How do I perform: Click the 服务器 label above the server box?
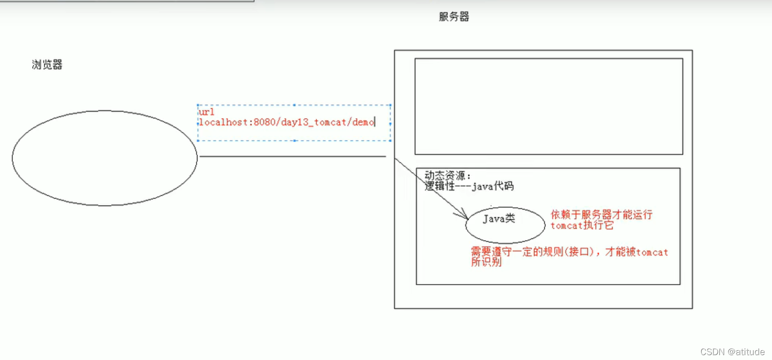click(454, 17)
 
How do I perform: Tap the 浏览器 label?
click(47, 65)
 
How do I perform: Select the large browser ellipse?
click(104, 158)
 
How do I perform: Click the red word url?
click(207, 112)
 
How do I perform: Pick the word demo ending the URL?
click(363, 122)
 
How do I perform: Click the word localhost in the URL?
click(224, 122)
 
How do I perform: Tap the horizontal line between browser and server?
click(292, 156)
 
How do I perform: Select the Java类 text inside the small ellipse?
click(499, 219)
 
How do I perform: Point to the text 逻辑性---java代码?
click(469, 186)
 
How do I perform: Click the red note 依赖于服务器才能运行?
click(601, 215)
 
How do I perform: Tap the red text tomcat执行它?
click(582, 226)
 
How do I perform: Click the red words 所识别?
click(486, 262)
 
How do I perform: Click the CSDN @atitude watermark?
click(732, 352)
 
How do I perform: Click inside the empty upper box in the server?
click(548, 106)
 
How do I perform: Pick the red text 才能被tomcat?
click(637, 252)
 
